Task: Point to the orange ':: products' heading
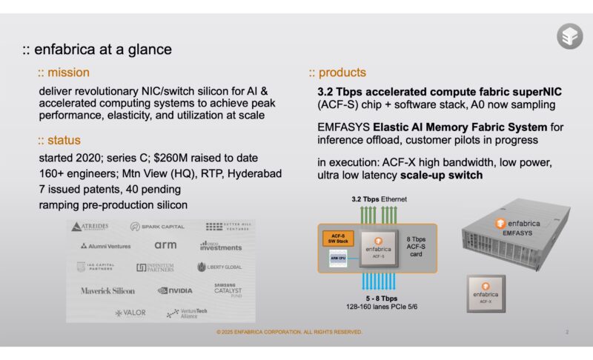click(337, 73)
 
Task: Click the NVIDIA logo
click(175, 290)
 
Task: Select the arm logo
click(165, 244)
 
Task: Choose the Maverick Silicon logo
click(108, 290)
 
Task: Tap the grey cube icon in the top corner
click(569, 36)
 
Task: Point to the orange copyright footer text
click(289, 332)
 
